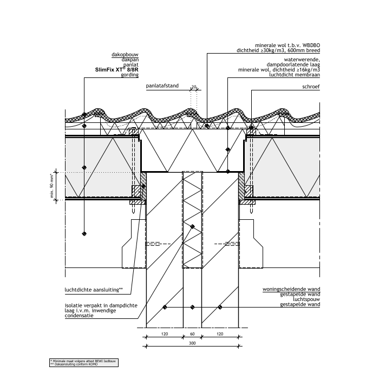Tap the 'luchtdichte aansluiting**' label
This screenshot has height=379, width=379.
click(94, 289)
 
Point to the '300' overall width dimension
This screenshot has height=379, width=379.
click(192, 344)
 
